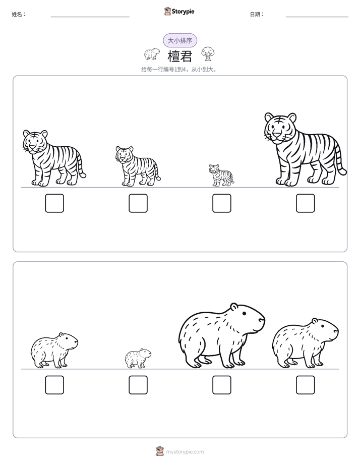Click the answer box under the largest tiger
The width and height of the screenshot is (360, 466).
[306, 203]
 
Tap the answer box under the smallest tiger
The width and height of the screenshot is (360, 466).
[221, 203]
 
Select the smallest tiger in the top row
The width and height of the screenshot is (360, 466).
[221, 175]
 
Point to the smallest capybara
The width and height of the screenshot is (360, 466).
[138, 359]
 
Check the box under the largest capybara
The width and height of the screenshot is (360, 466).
[221, 385]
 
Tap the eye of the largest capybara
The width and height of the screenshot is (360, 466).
[244, 313]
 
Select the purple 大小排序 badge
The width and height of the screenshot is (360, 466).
[180, 40]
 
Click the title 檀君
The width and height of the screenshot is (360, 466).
[180, 56]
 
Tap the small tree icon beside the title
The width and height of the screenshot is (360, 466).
[208, 54]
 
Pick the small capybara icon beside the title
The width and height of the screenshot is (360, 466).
[152, 54]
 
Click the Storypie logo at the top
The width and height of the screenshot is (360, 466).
[179, 11]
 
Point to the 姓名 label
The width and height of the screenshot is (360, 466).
[19, 14]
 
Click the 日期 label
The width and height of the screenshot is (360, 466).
[257, 14]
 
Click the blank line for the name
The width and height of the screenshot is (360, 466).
[90, 17]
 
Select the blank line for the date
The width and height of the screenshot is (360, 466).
[317, 17]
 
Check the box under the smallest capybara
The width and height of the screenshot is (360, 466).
[138, 385]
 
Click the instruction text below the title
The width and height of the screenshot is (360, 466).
[179, 70]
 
